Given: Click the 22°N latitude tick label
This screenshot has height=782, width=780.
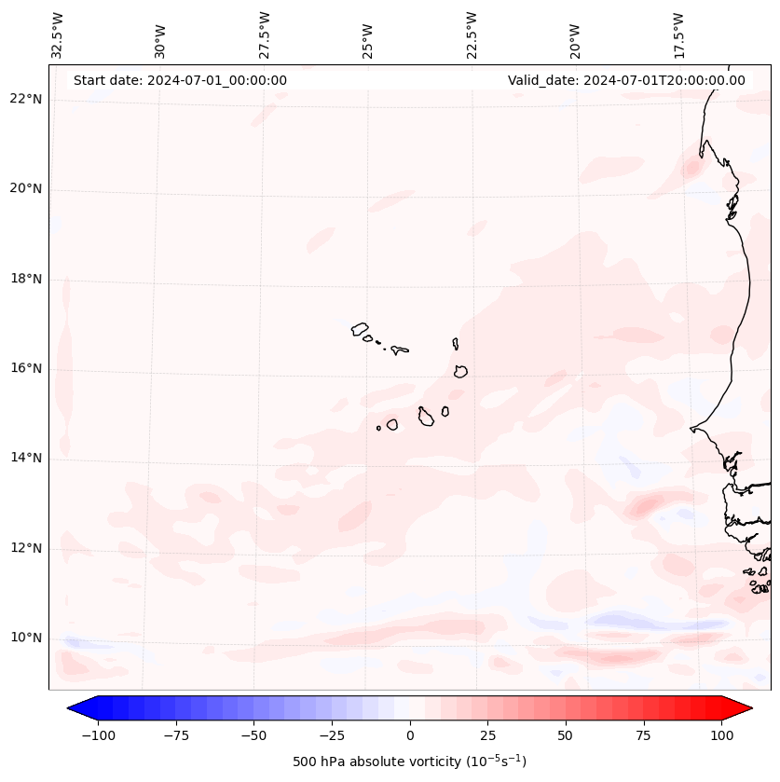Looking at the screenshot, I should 26,99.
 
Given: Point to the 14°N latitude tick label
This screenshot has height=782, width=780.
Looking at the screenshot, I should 26,458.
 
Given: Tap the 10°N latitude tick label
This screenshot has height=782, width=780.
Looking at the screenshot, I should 26,638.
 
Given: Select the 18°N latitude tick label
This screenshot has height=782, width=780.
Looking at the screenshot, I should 26,279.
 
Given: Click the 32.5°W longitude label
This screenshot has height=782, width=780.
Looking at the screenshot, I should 58,34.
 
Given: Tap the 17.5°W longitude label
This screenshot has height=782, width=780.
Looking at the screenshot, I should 678,34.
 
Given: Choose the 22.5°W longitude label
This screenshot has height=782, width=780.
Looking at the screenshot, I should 472,34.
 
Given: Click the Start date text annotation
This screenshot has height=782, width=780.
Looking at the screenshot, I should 180,80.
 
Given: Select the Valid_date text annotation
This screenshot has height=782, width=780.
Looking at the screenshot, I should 626,80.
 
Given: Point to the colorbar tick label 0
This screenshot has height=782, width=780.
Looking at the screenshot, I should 410,735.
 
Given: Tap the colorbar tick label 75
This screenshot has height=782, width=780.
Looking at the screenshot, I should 644,735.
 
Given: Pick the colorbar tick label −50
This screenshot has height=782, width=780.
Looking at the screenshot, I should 253,735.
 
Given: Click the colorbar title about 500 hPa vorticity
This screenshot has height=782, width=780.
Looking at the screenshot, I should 409,761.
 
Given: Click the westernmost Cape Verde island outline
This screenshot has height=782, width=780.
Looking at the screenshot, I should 360,328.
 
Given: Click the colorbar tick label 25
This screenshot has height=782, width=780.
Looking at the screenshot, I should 487,735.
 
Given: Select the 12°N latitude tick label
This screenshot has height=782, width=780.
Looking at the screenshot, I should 26,548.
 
